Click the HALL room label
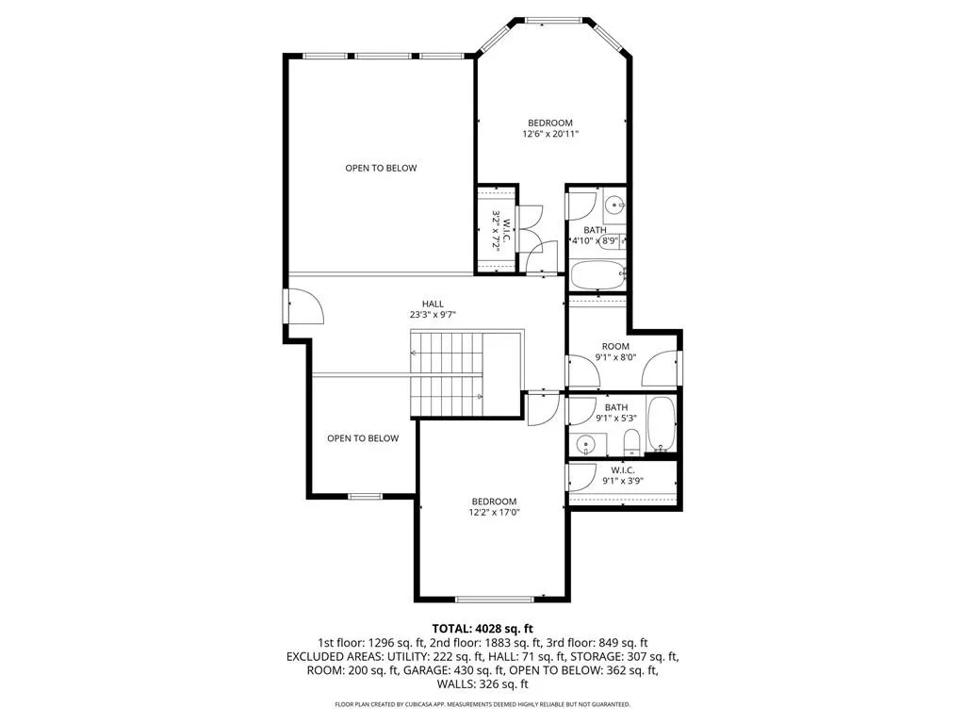(433, 304)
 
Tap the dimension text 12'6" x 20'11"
(550, 134)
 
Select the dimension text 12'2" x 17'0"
(494, 512)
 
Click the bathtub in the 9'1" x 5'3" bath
(661, 424)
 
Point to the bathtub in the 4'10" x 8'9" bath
(597, 275)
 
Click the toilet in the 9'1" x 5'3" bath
(632, 443)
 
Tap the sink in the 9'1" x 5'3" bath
(586, 443)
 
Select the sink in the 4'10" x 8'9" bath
(613, 204)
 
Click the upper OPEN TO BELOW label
(381, 168)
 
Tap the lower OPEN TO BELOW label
(363, 438)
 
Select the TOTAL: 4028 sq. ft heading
(482, 629)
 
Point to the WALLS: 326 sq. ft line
(482, 684)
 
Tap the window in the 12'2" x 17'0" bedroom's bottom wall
(495, 599)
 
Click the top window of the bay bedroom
(554, 21)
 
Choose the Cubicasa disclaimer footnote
(482, 704)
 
